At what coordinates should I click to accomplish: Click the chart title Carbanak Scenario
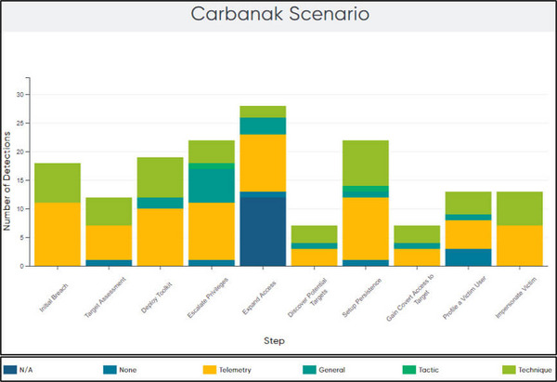click(x=278, y=15)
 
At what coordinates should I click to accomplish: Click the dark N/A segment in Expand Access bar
click(x=263, y=231)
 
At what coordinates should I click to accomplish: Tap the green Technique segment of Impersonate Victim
click(x=519, y=208)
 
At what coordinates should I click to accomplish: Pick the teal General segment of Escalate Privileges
click(x=212, y=182)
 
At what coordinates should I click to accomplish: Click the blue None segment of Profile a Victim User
click(x=468, y=257)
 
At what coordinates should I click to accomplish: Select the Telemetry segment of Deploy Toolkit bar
click(x=160, y=237)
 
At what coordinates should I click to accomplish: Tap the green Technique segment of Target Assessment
click(x=109, y=211)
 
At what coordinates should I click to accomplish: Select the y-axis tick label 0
click(x=22, y=266)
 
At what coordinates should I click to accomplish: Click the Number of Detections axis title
click(x=8, y=178)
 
